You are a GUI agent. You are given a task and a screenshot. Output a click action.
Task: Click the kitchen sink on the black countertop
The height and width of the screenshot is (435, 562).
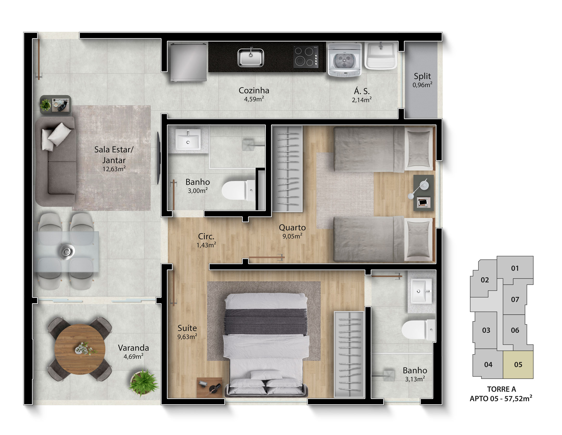[x=251, y=57]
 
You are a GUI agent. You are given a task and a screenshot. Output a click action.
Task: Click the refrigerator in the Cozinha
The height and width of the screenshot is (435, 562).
[x=189, y=62]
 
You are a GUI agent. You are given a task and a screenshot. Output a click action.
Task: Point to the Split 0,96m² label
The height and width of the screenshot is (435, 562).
[x=422, y=80]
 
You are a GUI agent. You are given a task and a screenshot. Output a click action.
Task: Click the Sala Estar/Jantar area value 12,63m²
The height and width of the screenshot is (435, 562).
[x=114, y=169]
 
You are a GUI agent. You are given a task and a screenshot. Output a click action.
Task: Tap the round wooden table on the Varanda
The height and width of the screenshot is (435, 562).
[x=80, y=349]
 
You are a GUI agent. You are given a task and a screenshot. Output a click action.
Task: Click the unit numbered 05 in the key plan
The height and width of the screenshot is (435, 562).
[x=518, y=365]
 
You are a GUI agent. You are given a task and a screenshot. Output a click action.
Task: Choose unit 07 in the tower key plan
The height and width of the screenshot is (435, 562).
[x=515, y=300]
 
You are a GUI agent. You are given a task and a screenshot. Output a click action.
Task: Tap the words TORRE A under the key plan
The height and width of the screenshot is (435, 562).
[x=501, y=389]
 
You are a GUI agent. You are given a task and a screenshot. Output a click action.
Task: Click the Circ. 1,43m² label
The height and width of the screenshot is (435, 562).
[x=206, y=240]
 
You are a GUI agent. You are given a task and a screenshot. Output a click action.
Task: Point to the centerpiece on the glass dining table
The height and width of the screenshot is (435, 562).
[x=67, y=252]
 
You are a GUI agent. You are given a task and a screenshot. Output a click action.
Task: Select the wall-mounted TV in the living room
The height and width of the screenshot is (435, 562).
[x=158, y=158]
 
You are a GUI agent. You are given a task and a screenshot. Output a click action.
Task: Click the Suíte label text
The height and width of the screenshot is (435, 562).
[x=187, y=328]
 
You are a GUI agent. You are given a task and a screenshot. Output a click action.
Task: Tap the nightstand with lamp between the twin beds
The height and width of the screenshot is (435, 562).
[x=424, y=193]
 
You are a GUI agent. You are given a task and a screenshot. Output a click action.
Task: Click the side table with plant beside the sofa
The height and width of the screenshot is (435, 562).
[x=55, y=105]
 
